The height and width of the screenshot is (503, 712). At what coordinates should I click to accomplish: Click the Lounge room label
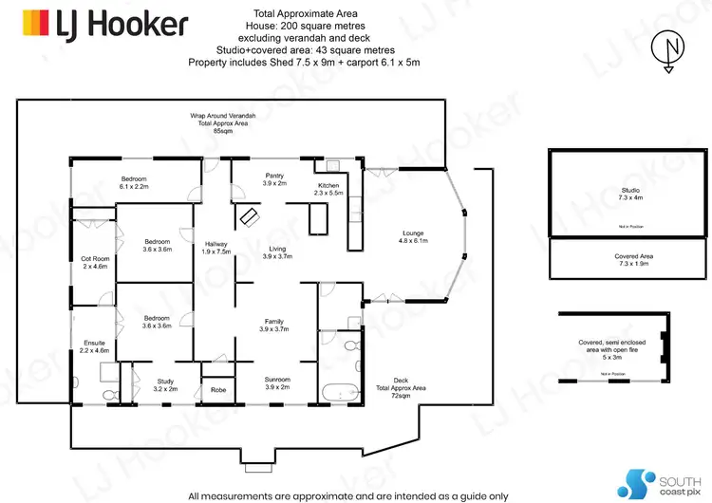pos(412,237)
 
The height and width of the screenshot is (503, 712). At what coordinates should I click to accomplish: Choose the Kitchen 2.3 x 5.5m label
pos(328,189)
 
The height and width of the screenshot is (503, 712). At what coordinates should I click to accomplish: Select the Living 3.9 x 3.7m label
pos(275,251)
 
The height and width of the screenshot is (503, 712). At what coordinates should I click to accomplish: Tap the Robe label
pos(216,388)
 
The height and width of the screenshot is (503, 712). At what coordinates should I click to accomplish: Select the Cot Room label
pos(95,262)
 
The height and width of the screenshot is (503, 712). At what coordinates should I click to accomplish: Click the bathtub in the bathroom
pos(338,391)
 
